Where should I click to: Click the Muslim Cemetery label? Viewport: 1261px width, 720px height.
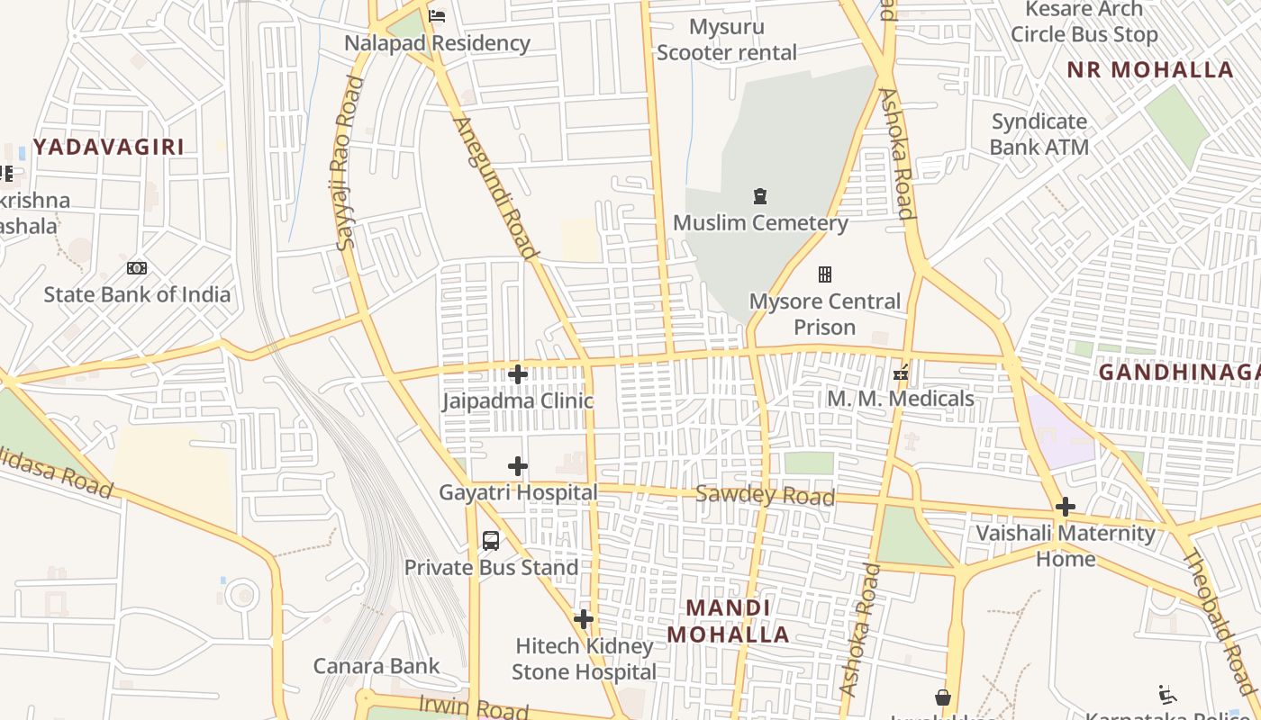(x=760, y=222)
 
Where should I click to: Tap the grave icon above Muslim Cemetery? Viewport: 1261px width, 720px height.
(x=760, y=196)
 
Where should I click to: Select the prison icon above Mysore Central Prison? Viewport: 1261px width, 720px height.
(x=824, y=274)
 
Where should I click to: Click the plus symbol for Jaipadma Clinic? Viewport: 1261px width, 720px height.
(x=518, y=374)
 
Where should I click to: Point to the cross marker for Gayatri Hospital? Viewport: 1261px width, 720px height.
(x=518, y=466)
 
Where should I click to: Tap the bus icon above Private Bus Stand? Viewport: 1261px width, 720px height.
(x=491, y=541)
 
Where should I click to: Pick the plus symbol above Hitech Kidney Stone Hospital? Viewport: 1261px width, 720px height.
(x=584, y=619)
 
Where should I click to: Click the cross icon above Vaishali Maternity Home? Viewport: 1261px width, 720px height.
(x=1066, y=507)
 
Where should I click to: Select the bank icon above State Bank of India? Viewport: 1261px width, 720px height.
(x=137, y=268)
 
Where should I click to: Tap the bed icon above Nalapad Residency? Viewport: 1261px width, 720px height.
(x=437, y=16)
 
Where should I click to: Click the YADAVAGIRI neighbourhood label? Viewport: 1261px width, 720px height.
(x=109, y=147)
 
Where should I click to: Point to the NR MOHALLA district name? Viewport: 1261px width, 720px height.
(x=1150, y=70)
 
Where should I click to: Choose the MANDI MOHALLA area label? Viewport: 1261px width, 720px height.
(x=728, y=621)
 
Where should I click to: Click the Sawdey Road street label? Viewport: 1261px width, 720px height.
(x=765, y=495)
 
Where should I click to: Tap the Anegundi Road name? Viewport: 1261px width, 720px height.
(x=494, y=187)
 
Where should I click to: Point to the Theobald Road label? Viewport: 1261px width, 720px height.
(x=1218, y=621)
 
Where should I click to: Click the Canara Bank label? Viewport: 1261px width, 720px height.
(x=376, y=666)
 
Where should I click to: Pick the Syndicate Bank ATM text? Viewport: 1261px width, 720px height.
(x=1039, y=134)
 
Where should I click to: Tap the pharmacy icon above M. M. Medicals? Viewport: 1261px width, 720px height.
(x=900, y=372)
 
